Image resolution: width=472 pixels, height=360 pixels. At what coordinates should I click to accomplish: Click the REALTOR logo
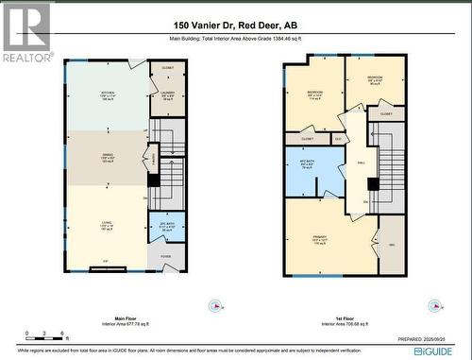tap(25, 33)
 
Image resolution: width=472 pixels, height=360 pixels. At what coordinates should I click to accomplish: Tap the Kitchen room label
tap(108, 94)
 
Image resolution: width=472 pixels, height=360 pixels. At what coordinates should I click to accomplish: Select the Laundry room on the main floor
tap(167, 95)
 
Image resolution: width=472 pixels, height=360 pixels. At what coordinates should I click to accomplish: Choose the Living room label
tap(108, 224)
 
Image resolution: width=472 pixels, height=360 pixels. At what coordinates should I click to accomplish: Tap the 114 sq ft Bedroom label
tap(314, 94)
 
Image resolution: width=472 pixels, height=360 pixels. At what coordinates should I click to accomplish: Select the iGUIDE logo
tap(437, 350)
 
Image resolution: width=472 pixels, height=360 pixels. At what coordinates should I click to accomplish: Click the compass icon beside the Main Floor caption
tap(220, 304)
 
